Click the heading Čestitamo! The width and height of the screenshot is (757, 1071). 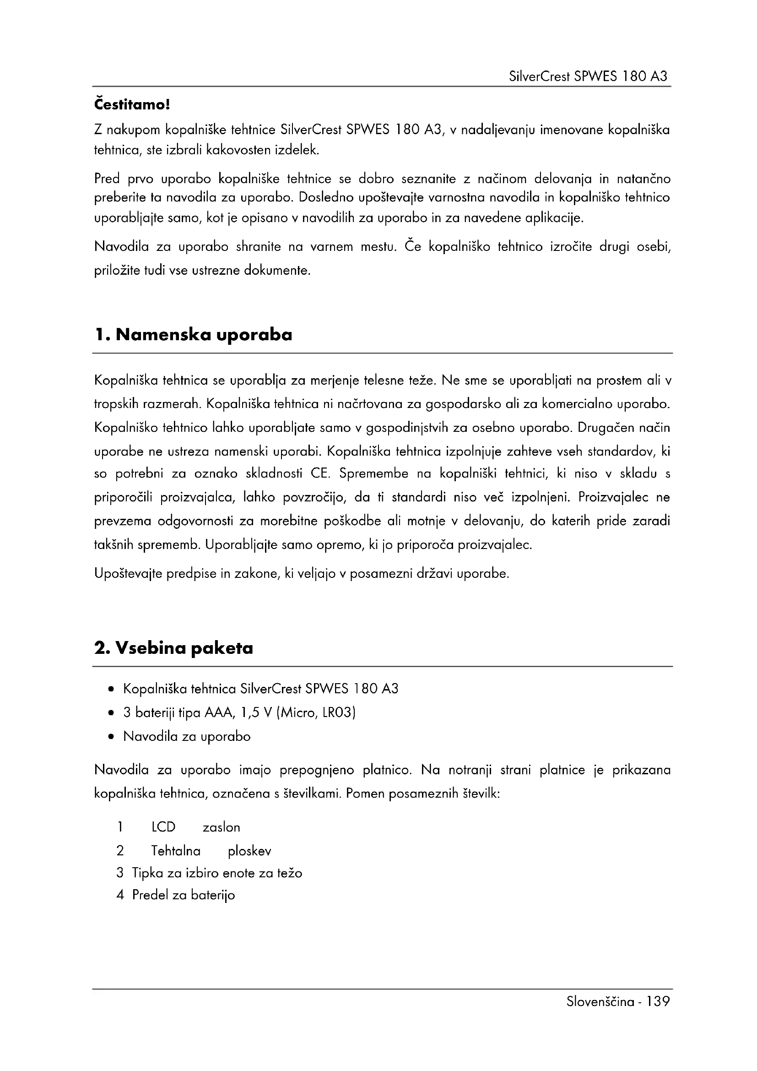(132, 104)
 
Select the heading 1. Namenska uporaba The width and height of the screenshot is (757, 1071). (194, 334)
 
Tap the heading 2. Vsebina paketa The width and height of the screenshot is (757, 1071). (173, 648)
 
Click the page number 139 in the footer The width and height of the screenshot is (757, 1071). (657, 1001)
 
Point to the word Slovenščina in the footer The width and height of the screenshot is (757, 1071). (600, 1001)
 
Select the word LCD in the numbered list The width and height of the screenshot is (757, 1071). (163, 827)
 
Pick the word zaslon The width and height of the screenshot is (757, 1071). (222, 827)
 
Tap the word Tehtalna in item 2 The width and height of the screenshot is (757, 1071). (176, 851)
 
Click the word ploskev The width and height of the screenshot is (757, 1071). (249, 851)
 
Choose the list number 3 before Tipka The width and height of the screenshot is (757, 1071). (120, 873)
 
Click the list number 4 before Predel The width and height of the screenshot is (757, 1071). (120, 895)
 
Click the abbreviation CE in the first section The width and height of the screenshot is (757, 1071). (320, 473)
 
